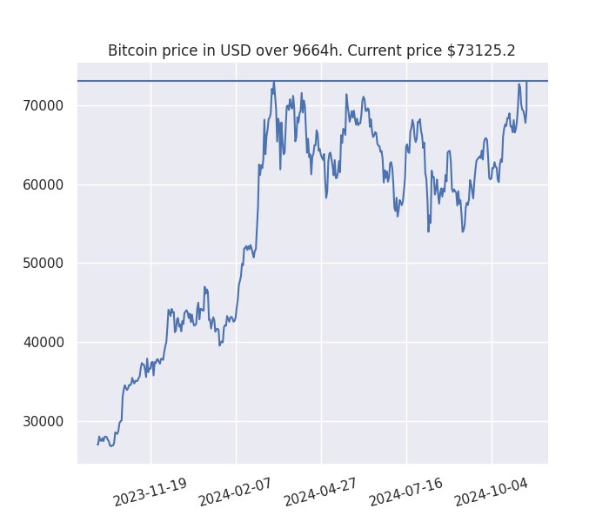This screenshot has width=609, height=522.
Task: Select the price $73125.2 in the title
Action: [x=482, y=50]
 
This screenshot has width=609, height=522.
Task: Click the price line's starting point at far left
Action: [x=97, y=444]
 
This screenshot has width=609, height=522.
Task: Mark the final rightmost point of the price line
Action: [x=527, y=82]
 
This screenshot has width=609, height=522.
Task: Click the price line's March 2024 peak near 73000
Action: [x=274, y=83]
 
